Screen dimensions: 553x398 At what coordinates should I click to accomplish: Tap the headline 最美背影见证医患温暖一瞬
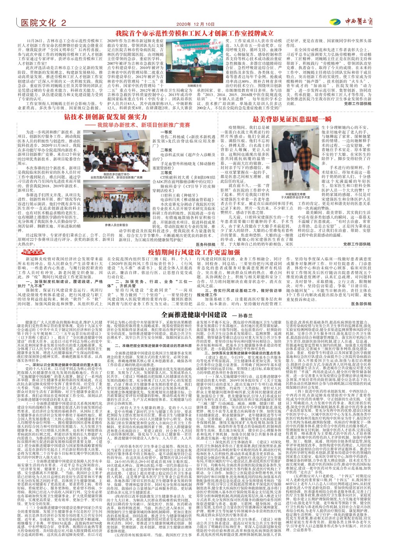292,119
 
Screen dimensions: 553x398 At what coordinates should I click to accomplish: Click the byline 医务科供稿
205,244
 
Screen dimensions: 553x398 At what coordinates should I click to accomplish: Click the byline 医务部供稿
361,304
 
